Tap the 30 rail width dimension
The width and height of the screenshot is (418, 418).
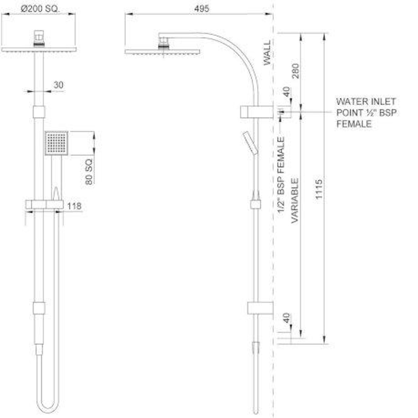click(58, 85)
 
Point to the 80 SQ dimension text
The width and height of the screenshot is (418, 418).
click(89, 171)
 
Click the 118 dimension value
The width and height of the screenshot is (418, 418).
click(74, 206)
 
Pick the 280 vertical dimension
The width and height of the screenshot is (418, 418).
click(296, 69)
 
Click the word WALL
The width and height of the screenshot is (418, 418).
click(267, 53)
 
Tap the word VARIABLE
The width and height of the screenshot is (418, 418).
click(295, 200)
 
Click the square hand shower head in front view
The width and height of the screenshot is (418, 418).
click(57, 143)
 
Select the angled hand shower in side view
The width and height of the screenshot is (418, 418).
click(250, 143)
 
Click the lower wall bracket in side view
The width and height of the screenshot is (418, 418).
click(260, 308)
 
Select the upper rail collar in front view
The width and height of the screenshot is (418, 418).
click(39, 112)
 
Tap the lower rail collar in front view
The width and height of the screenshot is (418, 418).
click(39, 308)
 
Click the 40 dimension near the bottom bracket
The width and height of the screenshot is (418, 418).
click(287, 318)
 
